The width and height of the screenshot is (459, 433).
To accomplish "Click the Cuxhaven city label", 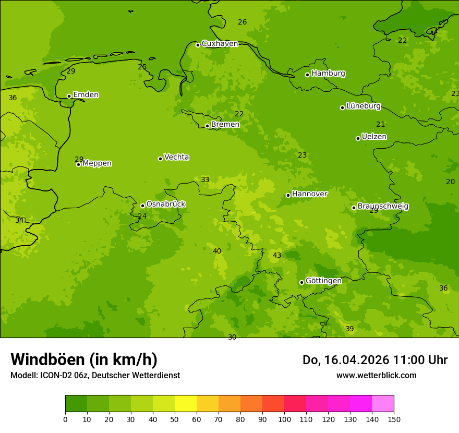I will (220, 44).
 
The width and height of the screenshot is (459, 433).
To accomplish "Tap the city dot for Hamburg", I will (307, 75).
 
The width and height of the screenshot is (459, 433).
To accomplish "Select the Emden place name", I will (86, 95).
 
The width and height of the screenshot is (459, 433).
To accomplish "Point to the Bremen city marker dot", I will (207, 126).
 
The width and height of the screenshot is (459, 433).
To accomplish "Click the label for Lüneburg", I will (364, 106).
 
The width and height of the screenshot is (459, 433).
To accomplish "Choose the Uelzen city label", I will (374, 137).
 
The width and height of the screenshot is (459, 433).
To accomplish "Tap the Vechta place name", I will (176, 158).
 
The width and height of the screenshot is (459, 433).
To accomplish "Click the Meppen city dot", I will (78, 164).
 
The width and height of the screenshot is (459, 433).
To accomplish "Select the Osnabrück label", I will (166, 205).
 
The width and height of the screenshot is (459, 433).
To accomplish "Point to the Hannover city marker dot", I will (288, 195).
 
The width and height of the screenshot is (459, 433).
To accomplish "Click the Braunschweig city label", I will (383, 207).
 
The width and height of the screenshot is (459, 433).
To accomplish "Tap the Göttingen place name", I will (323, 281).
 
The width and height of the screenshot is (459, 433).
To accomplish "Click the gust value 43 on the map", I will (277, 256).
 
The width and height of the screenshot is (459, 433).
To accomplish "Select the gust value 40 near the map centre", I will (217, 251).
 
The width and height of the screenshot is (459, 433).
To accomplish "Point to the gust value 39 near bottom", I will (349, 329).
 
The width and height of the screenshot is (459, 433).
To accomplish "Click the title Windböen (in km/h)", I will (84, 360).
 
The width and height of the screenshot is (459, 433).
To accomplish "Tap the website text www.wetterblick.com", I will (376, 376).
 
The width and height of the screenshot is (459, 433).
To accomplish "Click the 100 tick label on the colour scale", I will (284, 419).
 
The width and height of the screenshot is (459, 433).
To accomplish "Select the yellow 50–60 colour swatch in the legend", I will (186, 404).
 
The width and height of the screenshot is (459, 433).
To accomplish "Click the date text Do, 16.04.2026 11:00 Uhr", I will (375, 360).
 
